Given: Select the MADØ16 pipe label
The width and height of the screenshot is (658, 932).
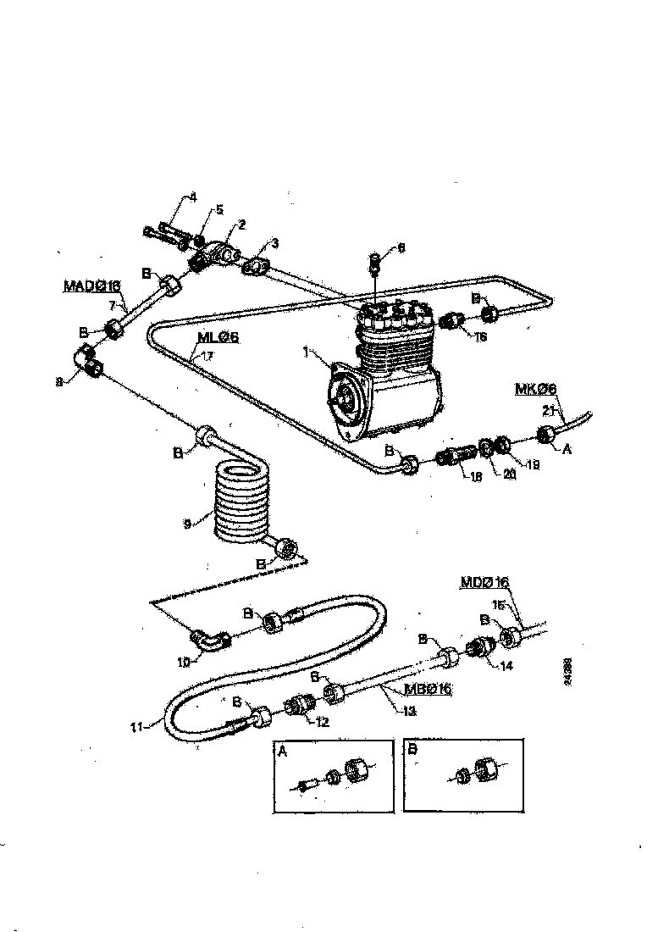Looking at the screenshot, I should pyautogui.click(x=92, y=286).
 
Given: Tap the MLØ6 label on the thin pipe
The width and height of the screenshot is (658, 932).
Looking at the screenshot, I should pyautogui.click(x=218, y=336).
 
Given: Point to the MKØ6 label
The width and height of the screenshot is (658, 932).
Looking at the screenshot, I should pyautogui.click(x=535, y=389).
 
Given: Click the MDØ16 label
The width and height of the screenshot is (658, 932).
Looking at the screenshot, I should pyautogui.click(x=484, y=582).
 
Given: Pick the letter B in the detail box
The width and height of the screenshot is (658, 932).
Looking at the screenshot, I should pyautogui.click(x=412, y=750).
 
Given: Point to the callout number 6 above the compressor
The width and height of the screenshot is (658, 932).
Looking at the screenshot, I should pyautogui.click(x=401, y=248).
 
